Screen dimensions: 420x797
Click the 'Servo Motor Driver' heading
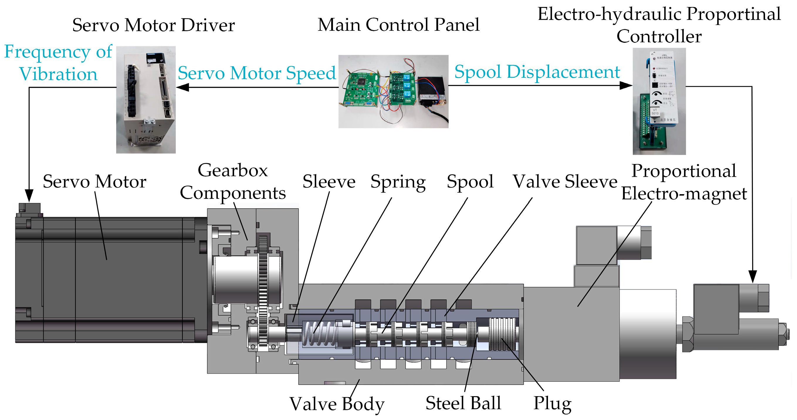[153, 25]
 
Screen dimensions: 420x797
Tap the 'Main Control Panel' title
[398, 25]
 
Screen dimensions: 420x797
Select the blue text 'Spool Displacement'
[537, 72]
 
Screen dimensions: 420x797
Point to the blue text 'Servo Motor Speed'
[257, 73]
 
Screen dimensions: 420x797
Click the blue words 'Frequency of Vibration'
[58, 63]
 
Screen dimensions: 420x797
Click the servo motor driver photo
[146, 100]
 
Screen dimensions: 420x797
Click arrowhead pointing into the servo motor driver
[182, 87]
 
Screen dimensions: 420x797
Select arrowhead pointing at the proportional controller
[626, 85]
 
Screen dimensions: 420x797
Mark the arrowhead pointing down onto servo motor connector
[29, 196]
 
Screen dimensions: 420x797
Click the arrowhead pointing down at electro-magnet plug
[752, 276]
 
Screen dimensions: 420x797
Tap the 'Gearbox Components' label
[233, 182]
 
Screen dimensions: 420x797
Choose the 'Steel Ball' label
[463, 403]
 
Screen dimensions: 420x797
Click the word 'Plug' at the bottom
[553, 403]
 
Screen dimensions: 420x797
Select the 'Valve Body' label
[337, 404]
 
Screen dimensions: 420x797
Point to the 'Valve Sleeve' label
[565, 181]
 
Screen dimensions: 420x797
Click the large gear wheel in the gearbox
[263, 291]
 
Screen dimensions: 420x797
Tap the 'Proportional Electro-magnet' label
[684, 182]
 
